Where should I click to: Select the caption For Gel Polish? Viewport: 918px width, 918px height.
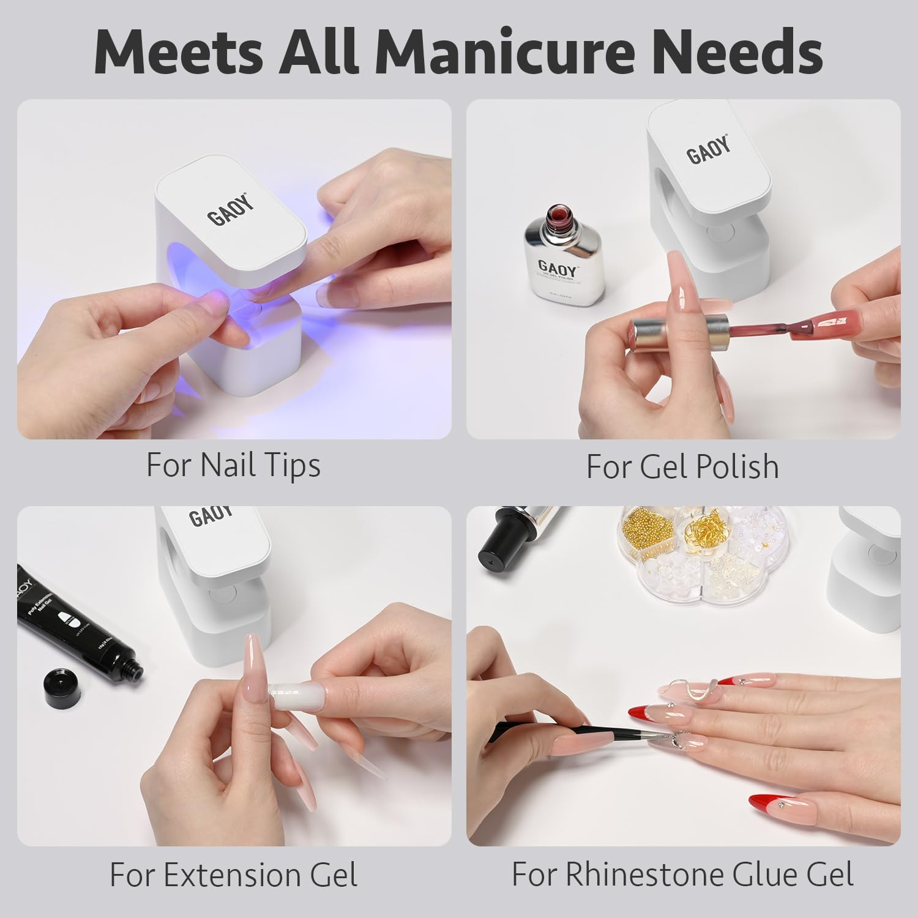tap(682, 467)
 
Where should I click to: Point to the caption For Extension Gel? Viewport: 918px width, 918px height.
tap(233, 875)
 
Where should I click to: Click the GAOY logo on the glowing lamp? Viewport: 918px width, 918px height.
tap(231, 209)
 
